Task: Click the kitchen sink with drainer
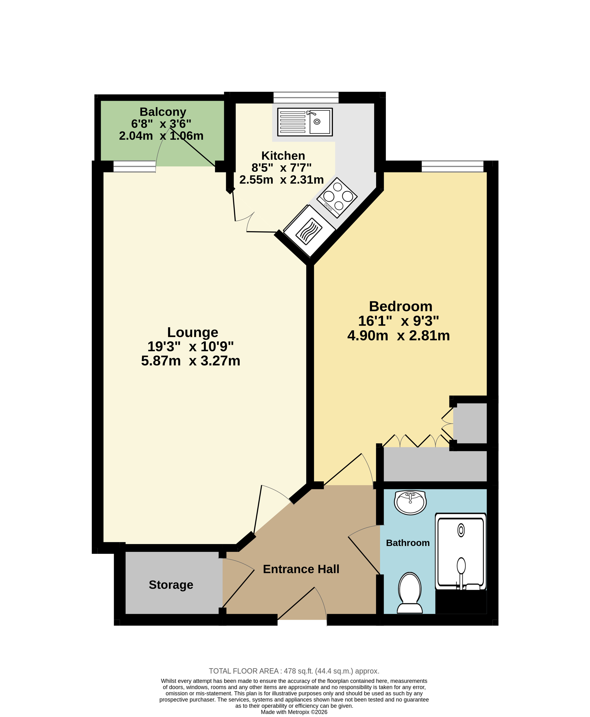point(305,122)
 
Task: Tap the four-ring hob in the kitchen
point(337,197)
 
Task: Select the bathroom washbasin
point(410,502)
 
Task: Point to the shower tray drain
point(461,530)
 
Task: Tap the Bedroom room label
point(401,306)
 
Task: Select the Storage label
point(171,585)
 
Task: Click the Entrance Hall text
point(301,569)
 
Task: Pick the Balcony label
point(163,112)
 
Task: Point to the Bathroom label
point(408,543)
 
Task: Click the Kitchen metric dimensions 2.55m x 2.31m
point(281,179)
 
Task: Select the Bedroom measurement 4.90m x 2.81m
point(399,335)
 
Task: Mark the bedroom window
point(452,167)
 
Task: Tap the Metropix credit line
point(294,712)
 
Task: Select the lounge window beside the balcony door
point(134,167)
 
